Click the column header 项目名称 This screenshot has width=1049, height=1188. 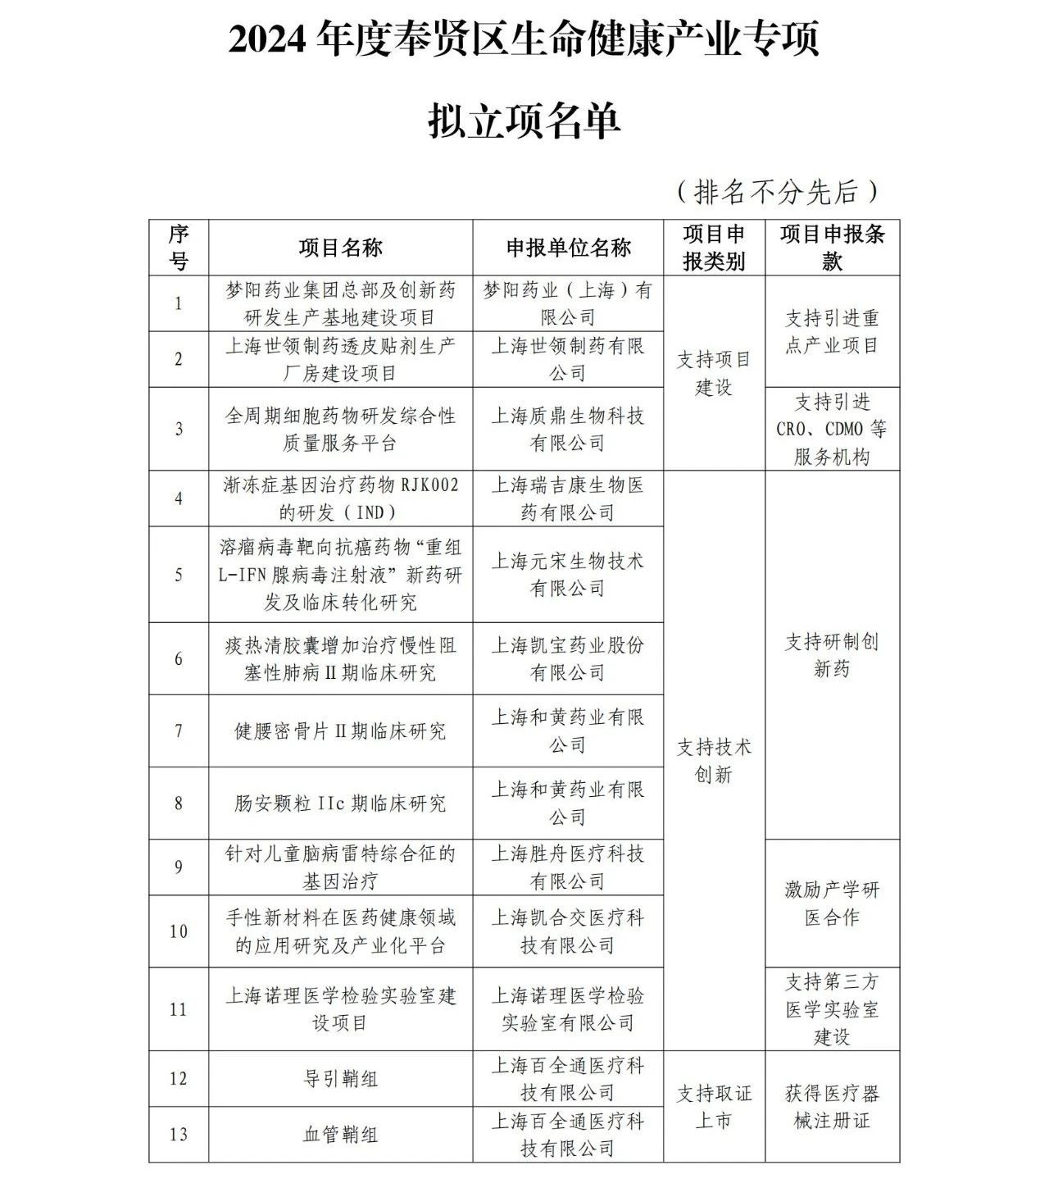(340, 248)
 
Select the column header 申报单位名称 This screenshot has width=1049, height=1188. (568, 248)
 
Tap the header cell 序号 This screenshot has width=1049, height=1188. (179, 248)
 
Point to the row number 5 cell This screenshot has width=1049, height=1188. (179, 574)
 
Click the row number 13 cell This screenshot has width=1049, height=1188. (179, 1135)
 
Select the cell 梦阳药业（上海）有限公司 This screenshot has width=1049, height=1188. (568, 303)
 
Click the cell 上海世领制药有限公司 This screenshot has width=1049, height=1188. (568, 359)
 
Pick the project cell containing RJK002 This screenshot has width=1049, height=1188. (340, 498)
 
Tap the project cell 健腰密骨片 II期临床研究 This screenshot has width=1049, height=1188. (340, 731)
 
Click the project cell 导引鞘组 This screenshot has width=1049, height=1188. (340, 1079)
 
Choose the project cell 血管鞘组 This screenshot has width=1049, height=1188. (340, 1135)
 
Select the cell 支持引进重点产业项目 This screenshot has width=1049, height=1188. (832, 331)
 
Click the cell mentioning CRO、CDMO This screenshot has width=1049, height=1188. (832, 429)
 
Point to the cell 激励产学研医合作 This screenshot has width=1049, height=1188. (832, 903)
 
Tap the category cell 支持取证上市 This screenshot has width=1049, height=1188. (714, 1107)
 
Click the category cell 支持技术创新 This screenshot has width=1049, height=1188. (714, 760)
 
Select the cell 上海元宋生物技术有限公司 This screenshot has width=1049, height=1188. (568, 574)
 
